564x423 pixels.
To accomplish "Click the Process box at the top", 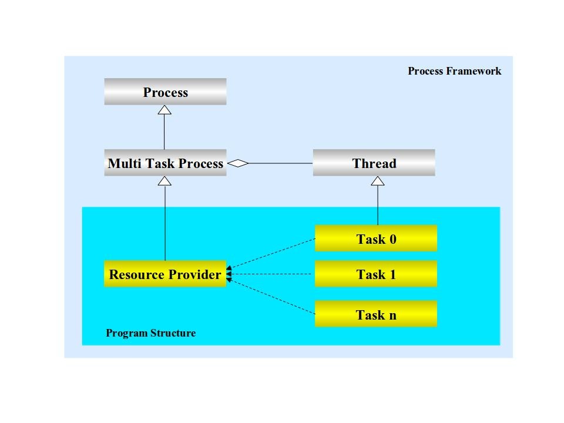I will pos(165,92).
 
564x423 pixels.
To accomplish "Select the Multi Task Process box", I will pos(165,163).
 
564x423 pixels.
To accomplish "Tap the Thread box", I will pos(374,163).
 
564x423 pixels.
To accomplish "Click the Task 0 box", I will pos(376,239).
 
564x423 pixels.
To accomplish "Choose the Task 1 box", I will pos(376,274).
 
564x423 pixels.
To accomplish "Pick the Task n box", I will pos(376,314).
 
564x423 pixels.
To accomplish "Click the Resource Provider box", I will pos(165,274).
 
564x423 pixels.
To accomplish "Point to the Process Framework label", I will pos(454,71).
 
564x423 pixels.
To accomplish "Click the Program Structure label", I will pos(150,333).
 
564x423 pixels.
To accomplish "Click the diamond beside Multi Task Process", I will pos(238,163).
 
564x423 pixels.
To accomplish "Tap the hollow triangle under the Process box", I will pos(164,110).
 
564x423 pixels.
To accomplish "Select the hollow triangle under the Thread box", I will pos(378,181).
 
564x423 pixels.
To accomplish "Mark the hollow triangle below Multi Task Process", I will pos(165,181).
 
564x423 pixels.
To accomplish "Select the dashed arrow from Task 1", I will pos(270,274).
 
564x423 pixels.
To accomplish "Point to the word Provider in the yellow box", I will pos(195,274).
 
